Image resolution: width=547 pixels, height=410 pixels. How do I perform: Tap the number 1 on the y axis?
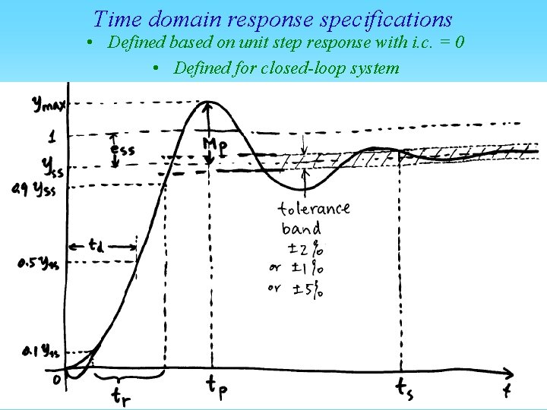[x=52, y=137]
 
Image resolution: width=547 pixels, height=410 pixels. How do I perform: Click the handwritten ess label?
[x=122, y=150]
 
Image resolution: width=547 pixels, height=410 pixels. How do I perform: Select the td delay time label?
[x=96, y=245]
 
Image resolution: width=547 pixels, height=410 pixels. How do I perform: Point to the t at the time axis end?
[x=506, y=390]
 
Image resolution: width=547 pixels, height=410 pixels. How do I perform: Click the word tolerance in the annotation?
[x=314, y=208]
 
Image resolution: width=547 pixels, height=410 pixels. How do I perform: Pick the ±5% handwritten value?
[x=303, y=289]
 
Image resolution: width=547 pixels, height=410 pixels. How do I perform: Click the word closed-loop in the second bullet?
[x=249, y=68]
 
